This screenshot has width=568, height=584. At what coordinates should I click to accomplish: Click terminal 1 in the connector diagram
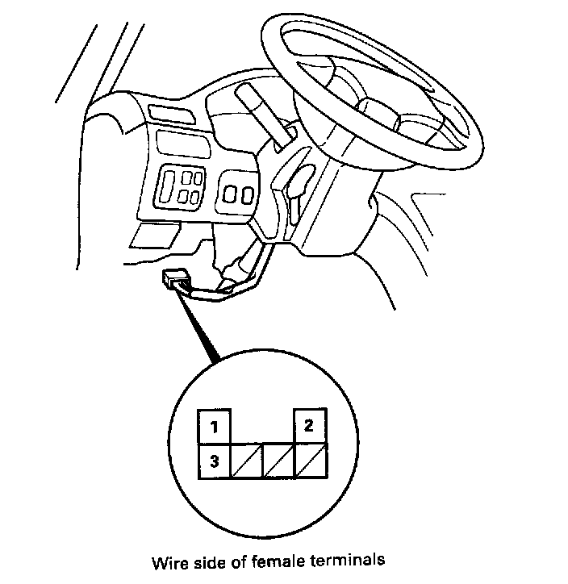tap(215, 428)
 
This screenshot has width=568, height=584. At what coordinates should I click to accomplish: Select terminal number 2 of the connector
tap(311, 428)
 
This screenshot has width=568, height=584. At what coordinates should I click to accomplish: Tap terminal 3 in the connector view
tap(215, 461)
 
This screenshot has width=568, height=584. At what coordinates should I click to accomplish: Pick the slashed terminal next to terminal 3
tap(247, 461)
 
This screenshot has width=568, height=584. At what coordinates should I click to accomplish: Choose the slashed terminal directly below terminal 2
tap(311, 461)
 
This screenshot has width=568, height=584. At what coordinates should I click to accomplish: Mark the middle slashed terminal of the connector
tap(279, 461)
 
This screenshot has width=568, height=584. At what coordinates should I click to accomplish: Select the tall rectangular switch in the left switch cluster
tap(167, 186)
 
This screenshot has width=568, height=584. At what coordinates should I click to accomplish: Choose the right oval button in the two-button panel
tap(246, 193)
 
